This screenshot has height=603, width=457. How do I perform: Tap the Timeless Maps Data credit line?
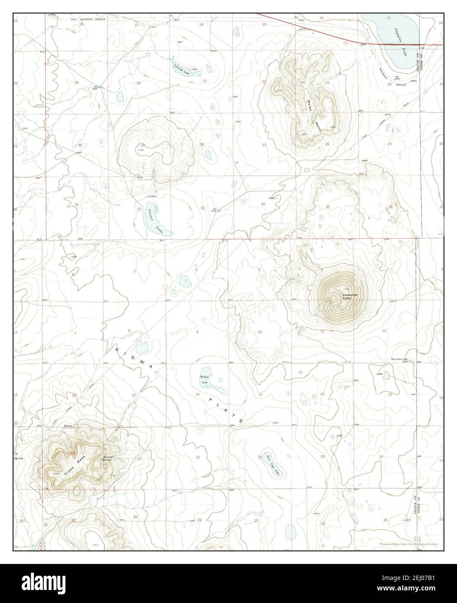pyautogui.click(x=409, y=544)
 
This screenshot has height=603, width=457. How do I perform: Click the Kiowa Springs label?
pyautogui.click(x=108, y=458)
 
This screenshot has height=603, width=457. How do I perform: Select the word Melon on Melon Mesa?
pyautogui.click(x=310, y=103)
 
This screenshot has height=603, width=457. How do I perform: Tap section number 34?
pyautogui.click(x=263, y=204)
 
